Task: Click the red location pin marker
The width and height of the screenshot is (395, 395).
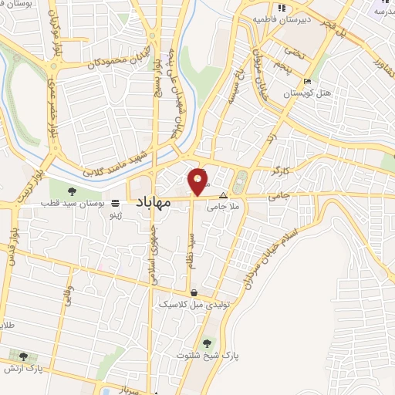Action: coord(198,181)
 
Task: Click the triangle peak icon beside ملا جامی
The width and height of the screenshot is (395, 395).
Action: coord(224,195)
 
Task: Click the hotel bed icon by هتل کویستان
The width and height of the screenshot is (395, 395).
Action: coord(308,82)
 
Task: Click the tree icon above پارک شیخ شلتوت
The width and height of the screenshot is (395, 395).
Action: coord(207,344)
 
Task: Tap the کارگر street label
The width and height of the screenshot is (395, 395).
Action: coord(281,167)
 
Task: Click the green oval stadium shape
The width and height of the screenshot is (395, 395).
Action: coord(240,183)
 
